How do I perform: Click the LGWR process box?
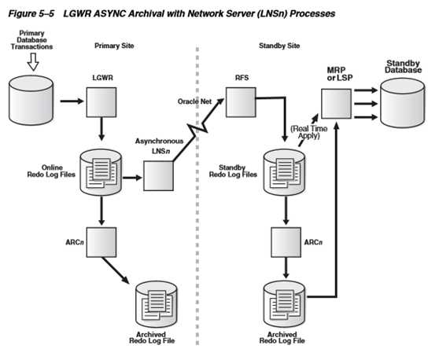pyautogui.click(x=101, y=102)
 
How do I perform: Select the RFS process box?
pyautogui.click(x=241, y=102)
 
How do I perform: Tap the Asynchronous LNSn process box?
pyautogui.click(x=158, y=176)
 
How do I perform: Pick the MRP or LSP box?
pyautogui.click(x=336, y=104)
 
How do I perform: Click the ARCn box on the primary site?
pyautogui.click(x=101, y=242)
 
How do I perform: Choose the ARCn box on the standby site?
pyautogui.click(x=286, y=242)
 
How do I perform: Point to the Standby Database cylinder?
pyautogui.click(x=403, y=103)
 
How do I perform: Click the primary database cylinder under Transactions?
pyautogui.click(x=31, y=100)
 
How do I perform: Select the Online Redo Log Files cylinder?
pyautogui.click(x=101, y=172)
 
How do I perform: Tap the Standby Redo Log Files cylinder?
pyautogui.click(x=285, y=172)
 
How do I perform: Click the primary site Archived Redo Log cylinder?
pyautogui.click(x=157, y=304)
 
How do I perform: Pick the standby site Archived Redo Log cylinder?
pyautogui.click(x=285, y=304)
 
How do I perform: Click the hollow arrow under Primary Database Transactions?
pyautogui.click(x=33, y=61)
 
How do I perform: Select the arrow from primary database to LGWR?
pyautogui.click(x=72, y=101)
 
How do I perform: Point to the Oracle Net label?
pyautogui.click(x=194, y=101)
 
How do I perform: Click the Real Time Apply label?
pyautogui.click(x=309, y=132)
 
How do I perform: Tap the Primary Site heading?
pyautogui.click(x=114, y=46)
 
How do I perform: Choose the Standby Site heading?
pyautogui.click(x=279, y=46)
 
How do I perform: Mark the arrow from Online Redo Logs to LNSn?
pyautogui.click(x=132, y=178)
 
